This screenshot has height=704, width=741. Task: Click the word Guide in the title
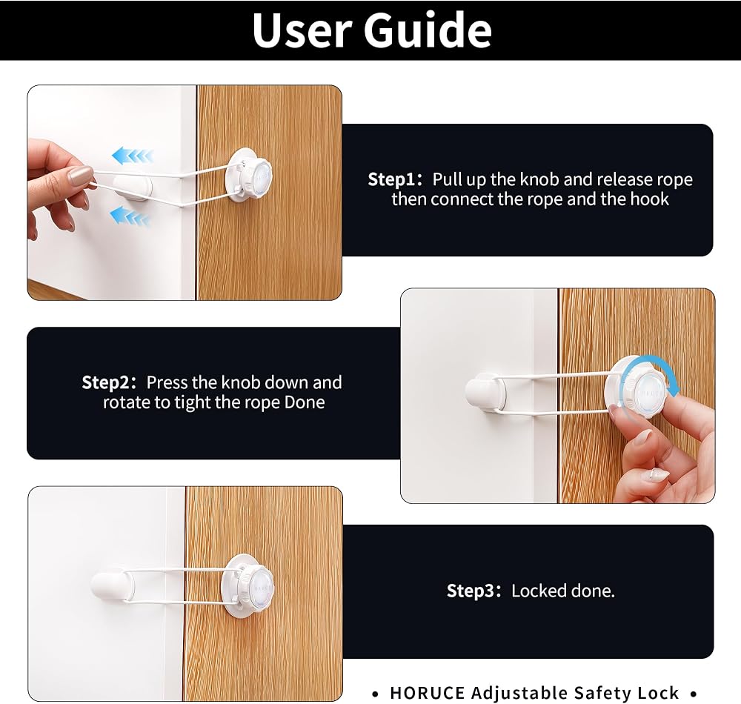tap(428, 30)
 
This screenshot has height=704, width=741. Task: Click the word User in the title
tap(301, 30)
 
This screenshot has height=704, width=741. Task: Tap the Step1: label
tap(395, 179)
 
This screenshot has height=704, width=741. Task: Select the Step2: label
tap(109, 382)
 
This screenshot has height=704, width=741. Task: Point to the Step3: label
tap(473, 591)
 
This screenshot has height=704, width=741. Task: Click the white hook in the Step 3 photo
tap(113, 587)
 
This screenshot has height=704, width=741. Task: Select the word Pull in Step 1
tap(448, 179)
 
